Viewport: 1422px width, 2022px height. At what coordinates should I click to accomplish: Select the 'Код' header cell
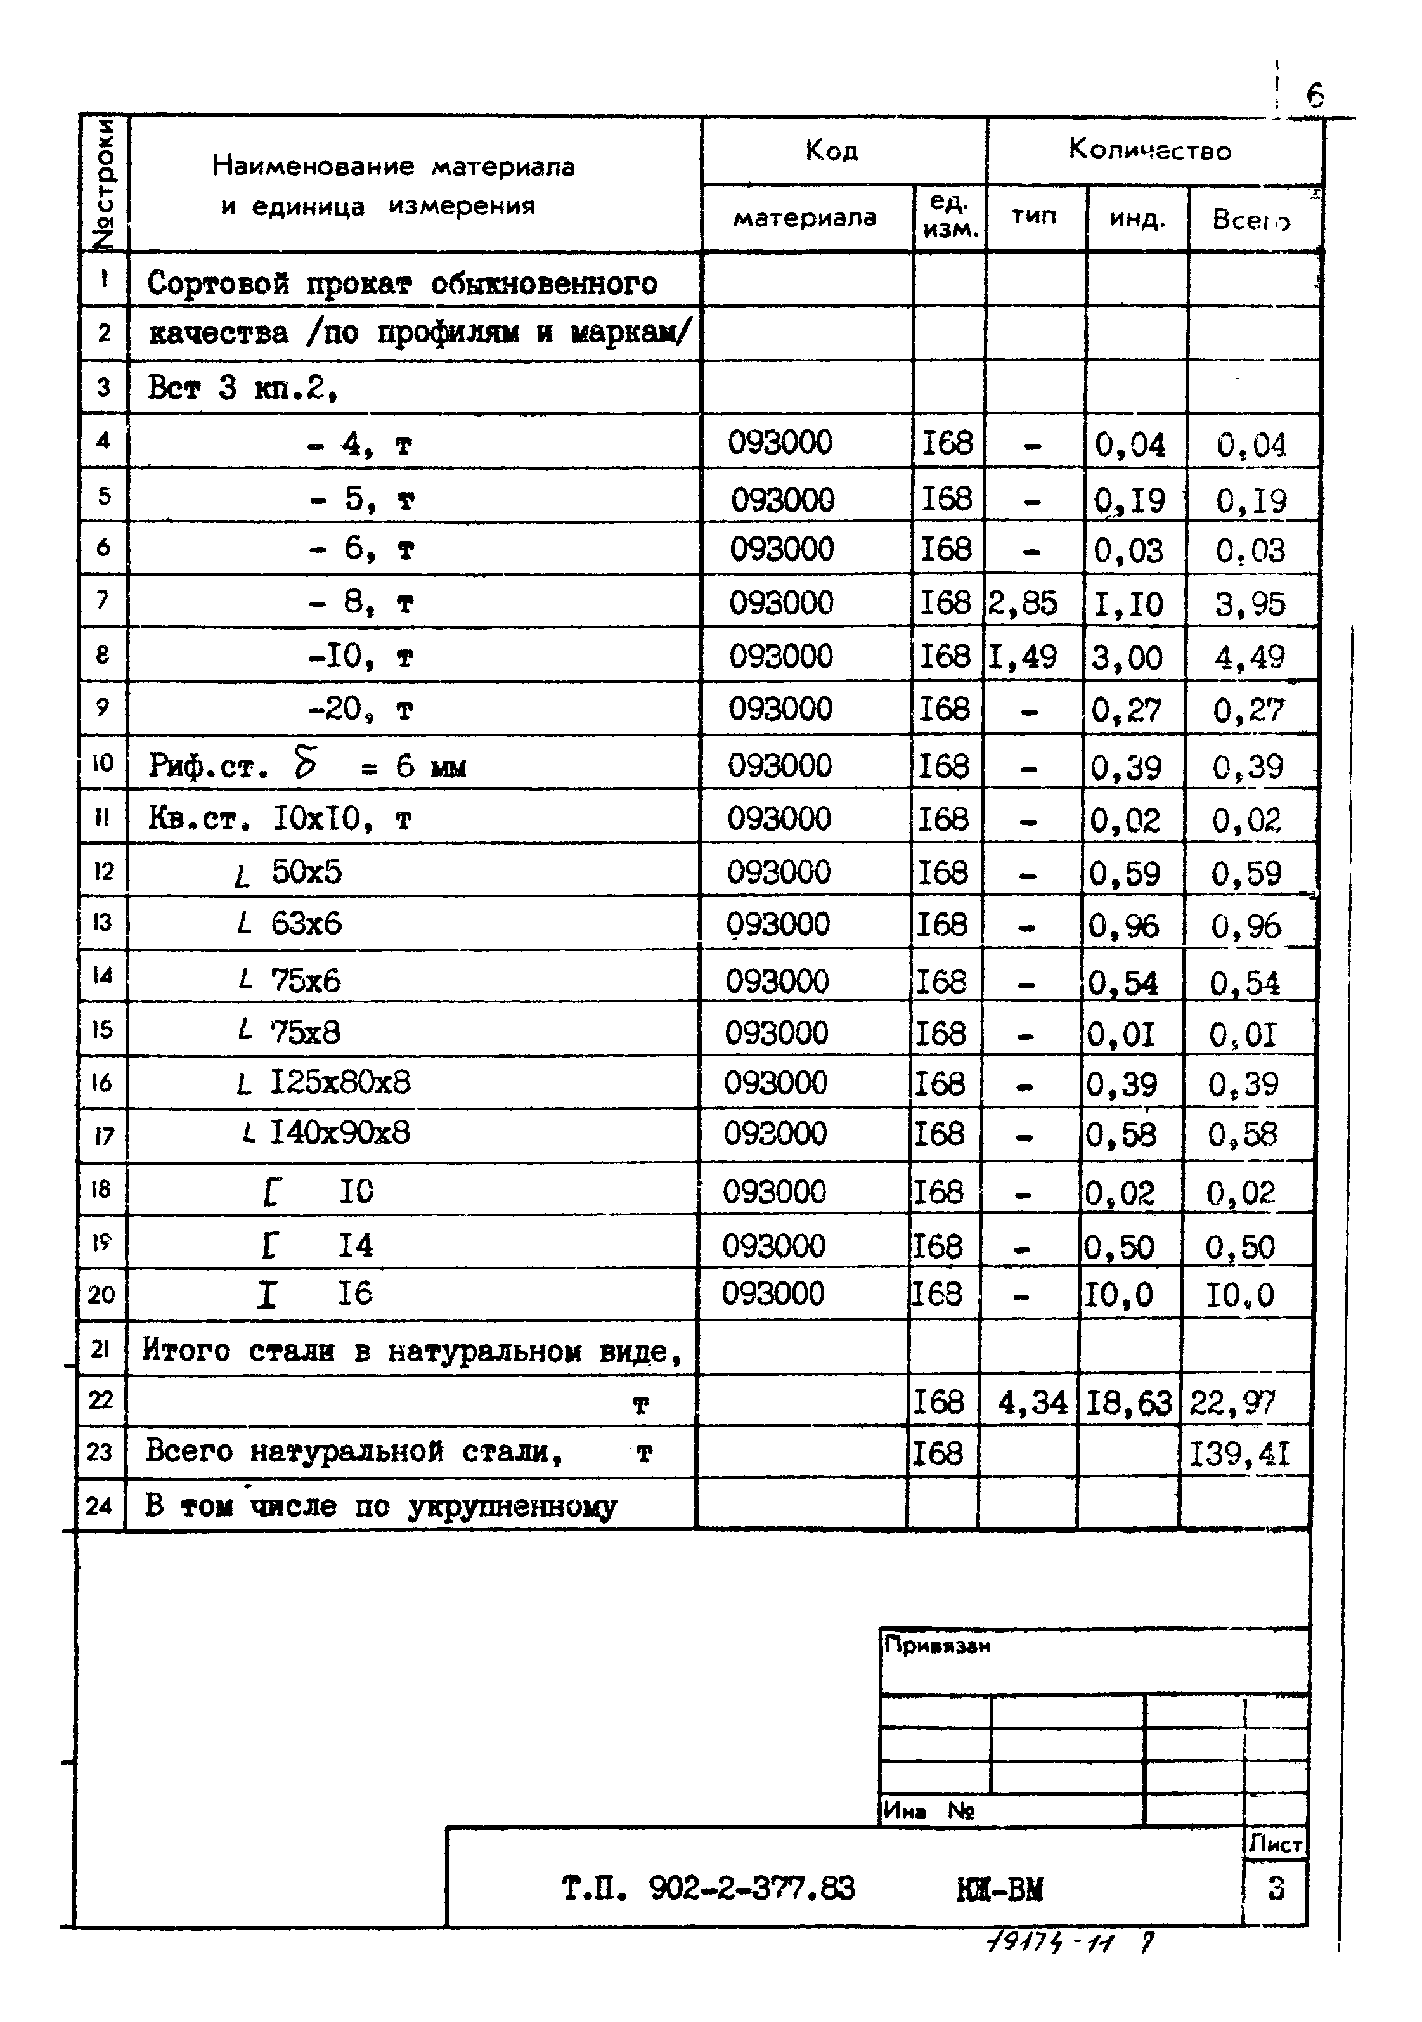coord(831,152)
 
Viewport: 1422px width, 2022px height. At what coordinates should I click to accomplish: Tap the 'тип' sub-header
coord(1034,216)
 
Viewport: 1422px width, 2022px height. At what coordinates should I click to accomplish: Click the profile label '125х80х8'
coord(340,1082)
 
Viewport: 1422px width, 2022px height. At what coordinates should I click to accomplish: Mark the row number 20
coord(101,1295)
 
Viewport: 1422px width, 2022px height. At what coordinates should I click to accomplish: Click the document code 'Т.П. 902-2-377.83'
coord(708,1889)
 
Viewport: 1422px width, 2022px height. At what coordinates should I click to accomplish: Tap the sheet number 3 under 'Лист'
coord(1276,1889)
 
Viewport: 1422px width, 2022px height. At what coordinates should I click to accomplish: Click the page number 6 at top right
coord(1315,94)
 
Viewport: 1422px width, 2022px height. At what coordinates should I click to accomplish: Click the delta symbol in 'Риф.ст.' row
coord(306,763)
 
